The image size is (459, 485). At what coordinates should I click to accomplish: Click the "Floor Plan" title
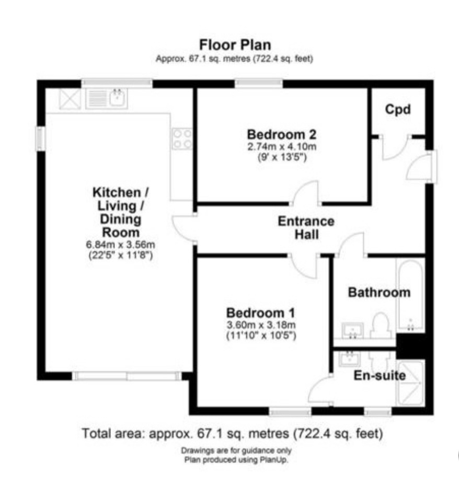[x=235, y=45]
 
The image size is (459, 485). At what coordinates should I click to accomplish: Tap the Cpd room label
[x=398, y=110]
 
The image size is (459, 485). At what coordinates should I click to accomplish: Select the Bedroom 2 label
[x=282, y=134]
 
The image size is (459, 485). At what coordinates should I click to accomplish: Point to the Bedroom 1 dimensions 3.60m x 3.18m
[x=261, y=325]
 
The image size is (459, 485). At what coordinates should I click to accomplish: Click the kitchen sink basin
[x=118, y=97]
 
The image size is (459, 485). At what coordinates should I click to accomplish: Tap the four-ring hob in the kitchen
[x=182, y=139]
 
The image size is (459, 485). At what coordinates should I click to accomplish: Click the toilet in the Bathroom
[x=381, y=326]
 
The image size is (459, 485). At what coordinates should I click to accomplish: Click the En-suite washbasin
[x=350, y=359]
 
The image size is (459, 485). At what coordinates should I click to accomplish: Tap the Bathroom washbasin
[x=352, y=331]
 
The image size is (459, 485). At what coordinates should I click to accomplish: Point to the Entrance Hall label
[x=306, y=228]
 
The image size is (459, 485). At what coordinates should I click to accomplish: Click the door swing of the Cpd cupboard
[x=396, y=148]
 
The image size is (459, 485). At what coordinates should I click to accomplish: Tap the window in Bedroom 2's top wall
[x=259, y=84]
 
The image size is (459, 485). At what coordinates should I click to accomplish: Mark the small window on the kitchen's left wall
[x=40, y=139]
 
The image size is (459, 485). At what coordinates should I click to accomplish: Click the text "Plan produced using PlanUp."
[x=236, y=460]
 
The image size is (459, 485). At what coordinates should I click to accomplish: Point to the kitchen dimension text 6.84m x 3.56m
[x=120, y=245]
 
